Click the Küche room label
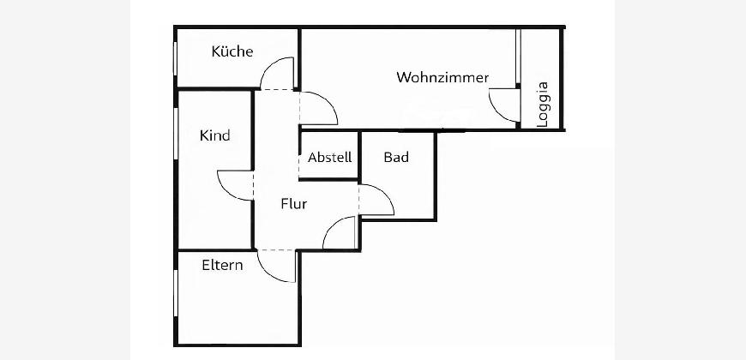(232, 51)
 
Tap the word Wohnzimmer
(442, 78)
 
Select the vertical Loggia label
(542, 103)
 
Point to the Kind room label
(215, 135)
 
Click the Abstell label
(330, 158)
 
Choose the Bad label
(396, 158)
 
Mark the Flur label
(294, 204)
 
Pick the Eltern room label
(222, 265)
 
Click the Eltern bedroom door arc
(280, 266)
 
